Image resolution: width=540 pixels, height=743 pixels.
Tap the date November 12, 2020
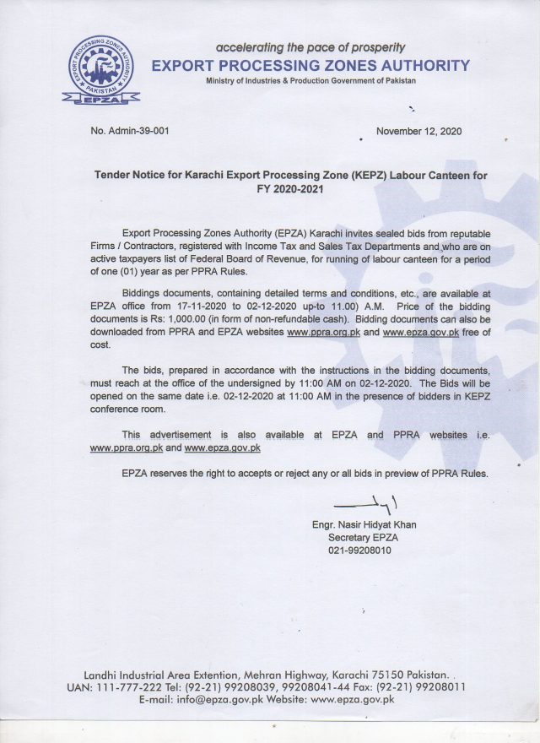[x=418, y=132]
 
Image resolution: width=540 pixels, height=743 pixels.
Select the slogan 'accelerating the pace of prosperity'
[x=310, y=47]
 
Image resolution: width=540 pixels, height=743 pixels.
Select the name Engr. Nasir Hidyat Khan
[x=364, y=524]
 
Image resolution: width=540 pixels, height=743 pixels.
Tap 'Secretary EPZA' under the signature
[x=362, y=537]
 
